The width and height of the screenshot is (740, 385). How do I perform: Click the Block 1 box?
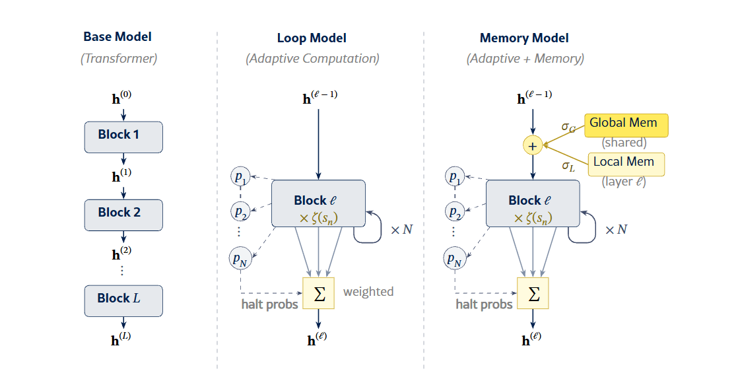[x=123, y=137]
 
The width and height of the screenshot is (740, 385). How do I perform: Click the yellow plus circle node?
[x=533, y=145]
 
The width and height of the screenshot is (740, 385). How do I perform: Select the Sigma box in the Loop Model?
[x=319, y=293]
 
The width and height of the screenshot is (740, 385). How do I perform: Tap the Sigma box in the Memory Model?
[x=533, y=293]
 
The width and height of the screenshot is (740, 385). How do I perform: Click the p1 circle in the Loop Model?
[x=240, y=177]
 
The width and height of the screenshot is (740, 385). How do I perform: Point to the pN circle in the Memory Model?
[x=454, y=260]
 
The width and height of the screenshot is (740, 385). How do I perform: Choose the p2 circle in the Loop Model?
[x=240, y=212]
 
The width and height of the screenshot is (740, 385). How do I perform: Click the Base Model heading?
[x=118, y=37]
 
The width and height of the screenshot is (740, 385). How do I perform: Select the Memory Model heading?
[x=524, y=38]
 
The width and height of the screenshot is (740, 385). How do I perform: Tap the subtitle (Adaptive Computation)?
[x=312, y=58]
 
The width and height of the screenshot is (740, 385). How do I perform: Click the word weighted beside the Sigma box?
[x=368, y=291]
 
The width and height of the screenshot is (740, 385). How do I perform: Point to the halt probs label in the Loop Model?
[x=270, y=304]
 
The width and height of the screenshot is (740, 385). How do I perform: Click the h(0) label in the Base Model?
[x=123, y=100]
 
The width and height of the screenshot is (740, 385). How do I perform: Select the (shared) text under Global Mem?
[x=624, y=143]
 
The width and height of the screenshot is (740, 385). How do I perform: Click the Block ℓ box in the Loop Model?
[x=319, y=203]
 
